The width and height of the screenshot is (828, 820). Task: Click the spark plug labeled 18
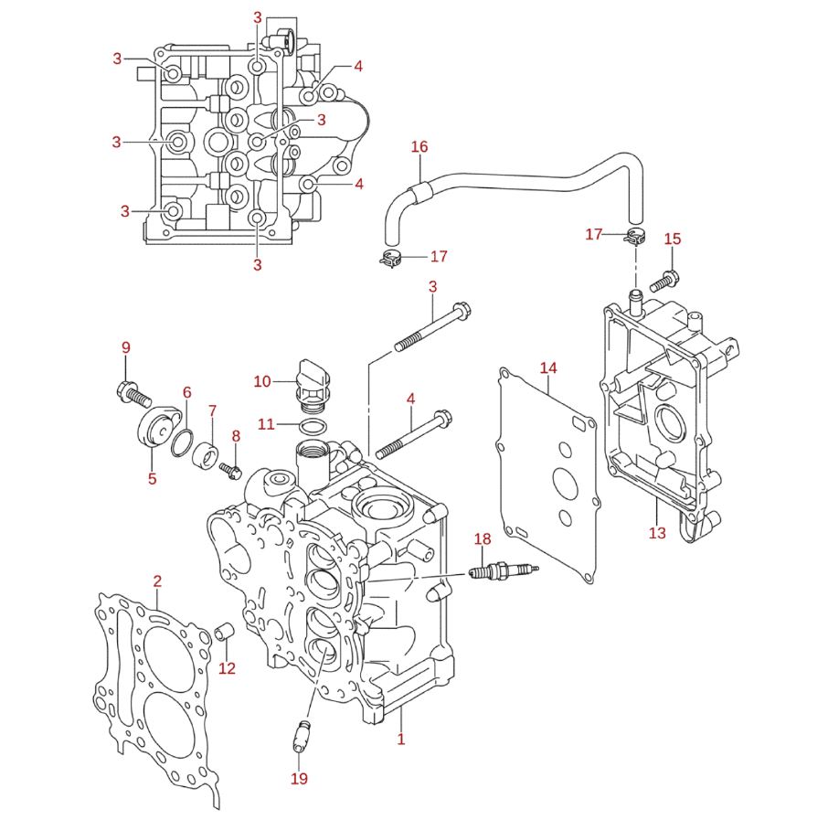[504, 571]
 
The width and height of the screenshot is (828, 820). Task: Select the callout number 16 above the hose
[419, 146]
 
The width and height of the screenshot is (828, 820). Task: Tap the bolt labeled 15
[664, 281]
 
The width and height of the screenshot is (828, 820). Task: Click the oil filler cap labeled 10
[313, 386]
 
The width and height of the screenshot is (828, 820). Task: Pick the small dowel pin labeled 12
[224, 634]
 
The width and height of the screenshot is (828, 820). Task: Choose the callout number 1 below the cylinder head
[401, 738]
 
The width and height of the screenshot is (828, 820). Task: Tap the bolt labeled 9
[133, 393]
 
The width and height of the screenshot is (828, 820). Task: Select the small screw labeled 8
[229, 470]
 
